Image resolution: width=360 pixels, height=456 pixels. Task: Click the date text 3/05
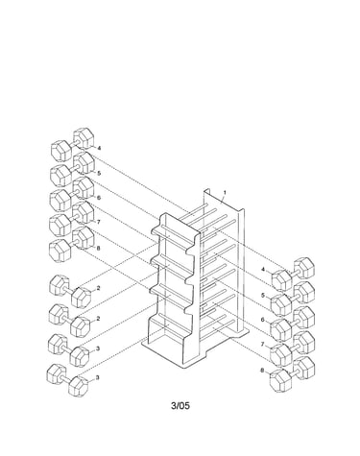[180, 406]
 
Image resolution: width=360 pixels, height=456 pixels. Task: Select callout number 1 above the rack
[225, 193]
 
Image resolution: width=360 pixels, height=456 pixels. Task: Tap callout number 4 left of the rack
[99, 148]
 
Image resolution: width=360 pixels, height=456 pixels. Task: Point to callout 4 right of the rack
[263, 270]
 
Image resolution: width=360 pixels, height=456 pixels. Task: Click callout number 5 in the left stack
[99, 173]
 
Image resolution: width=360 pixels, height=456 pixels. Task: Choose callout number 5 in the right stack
[263, 295]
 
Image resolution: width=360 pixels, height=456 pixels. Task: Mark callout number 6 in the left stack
[99, 198]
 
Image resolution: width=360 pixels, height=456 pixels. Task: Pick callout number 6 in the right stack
[263, 320]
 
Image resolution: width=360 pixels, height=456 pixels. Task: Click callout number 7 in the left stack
[99, 222]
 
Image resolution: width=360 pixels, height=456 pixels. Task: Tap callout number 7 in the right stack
[262, 345]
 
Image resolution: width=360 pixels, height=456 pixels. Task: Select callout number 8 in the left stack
[98, 248]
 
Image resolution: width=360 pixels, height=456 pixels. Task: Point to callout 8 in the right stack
[262, 371]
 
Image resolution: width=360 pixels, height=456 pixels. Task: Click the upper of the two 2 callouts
[98, 288]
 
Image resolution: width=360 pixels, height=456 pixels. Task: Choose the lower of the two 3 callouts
[98, 377]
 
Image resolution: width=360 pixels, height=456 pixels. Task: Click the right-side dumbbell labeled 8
[293, 373]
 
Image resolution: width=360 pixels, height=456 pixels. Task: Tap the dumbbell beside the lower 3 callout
[68, 381]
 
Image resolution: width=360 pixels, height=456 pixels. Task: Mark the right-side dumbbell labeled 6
[293, 324]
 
